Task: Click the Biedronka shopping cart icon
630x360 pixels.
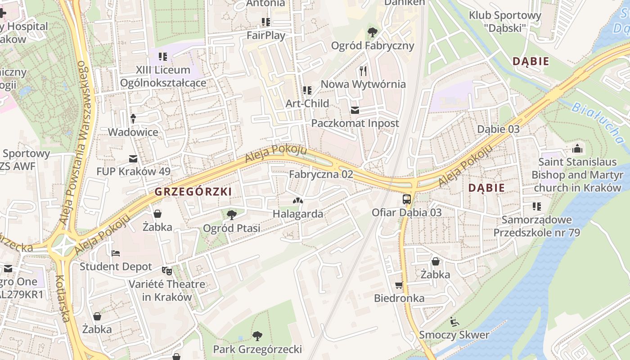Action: (399, 285)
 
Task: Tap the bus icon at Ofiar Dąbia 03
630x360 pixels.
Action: (406, 199)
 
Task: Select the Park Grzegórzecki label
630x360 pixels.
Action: (257, 349)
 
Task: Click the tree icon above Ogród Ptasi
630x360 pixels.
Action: (232, 215)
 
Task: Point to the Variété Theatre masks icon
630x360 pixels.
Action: (167, 270)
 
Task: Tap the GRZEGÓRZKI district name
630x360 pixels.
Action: (193, 192)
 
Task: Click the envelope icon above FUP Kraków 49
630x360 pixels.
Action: (133, 158)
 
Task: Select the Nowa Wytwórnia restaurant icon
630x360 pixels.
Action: (363, 71)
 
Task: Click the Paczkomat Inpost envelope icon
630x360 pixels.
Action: (355, 110)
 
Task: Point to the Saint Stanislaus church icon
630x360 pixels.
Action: (577, 148)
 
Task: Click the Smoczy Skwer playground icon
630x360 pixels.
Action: (454, 321)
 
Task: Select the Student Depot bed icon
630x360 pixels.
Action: (116, 253)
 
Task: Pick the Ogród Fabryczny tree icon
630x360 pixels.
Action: (372, 32)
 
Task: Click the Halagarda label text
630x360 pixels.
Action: (298, 214)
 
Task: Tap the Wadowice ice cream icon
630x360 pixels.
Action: (133, 118)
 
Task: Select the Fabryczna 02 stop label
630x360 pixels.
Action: (321, 174)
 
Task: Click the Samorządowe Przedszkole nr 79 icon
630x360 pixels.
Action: (536, 207)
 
